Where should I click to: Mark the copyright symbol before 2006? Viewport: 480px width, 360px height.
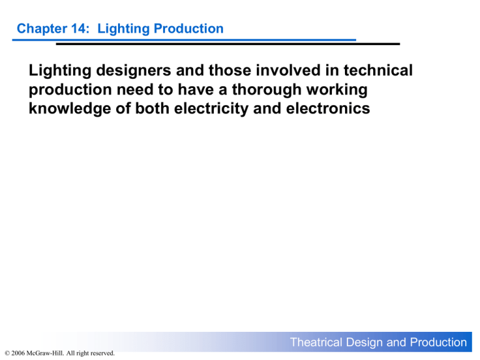point(6,354)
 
